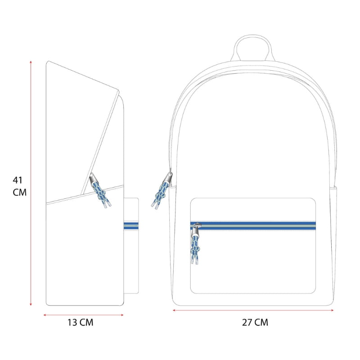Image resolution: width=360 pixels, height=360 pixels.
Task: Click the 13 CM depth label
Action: pyautogui.click(x=81, y=322)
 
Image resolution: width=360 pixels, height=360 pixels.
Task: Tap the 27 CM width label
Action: pyautogui.click(x=255, y=322)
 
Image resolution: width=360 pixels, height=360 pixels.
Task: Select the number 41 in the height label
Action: pyautogui.click(x=18, y=180)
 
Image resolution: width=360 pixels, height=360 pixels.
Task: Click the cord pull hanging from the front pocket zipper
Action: pyautogui.click(x=195, y=249)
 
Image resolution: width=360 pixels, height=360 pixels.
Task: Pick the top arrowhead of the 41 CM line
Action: pyautogui.click(x=31, y=62)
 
